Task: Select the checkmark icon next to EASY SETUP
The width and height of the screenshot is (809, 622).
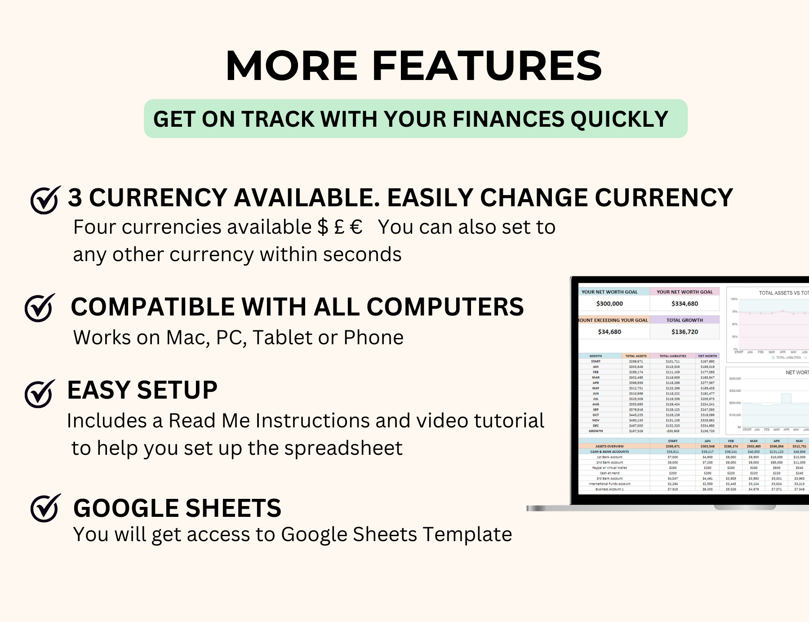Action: (x=40, y=394)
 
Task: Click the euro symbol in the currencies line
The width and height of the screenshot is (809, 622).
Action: (x=356, y=227)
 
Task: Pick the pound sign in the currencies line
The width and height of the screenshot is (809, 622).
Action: (x=339, y=227)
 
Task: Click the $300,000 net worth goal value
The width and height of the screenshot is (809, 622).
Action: (x=609, y=304)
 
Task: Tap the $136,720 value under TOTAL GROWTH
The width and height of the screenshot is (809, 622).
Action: (x=685, y=332)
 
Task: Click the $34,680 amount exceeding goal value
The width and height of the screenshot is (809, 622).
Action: (x=609, y=332)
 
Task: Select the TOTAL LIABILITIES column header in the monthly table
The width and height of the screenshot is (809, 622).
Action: (x=672, y=356)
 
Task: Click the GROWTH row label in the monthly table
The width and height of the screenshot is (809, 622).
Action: (x=596, y=431)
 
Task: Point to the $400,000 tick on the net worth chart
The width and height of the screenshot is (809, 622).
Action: (x=735, y=378)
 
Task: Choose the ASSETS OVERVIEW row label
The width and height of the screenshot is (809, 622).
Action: (x=609, y=446)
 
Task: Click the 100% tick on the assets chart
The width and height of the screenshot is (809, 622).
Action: (x=734, y=299)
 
